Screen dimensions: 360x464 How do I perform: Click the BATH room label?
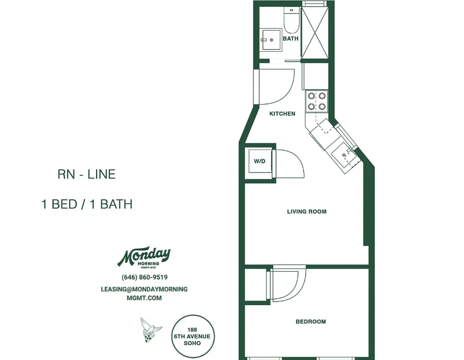click(290, 39)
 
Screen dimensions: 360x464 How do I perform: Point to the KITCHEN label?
click(282, 114)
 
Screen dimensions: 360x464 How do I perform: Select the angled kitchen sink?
click(344, 155)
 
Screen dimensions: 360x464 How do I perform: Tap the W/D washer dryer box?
click(260, 161)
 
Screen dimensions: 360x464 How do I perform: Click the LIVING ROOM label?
click(306, 211)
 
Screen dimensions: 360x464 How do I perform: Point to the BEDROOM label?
click(311, 322)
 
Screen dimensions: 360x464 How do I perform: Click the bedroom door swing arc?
click(289, 285)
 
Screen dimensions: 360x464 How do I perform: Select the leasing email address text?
click(144, 293)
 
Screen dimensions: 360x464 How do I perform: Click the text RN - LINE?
click(86, 174)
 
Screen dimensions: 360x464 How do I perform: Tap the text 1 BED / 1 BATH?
click(86, 204)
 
